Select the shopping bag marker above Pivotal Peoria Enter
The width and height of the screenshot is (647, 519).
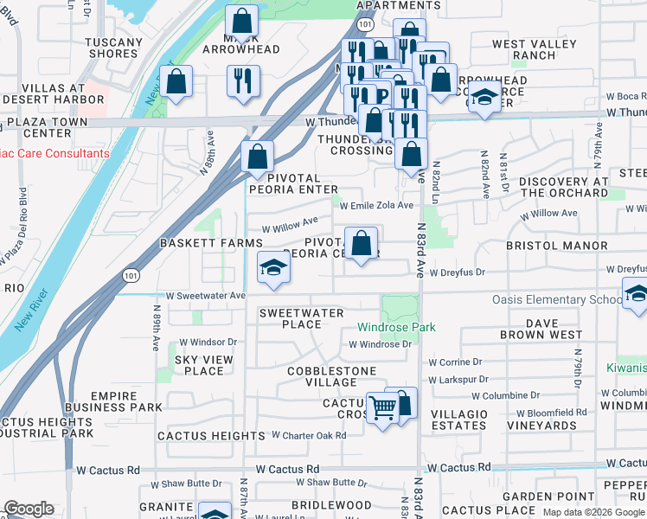[x=257, y=157]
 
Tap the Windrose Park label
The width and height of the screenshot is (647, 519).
[x=397, y=328]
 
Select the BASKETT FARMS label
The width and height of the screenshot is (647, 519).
[x=210, y=245]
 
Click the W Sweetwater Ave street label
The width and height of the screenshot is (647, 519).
[x=207, y=295]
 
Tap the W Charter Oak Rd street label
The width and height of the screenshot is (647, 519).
[x=309, y=435]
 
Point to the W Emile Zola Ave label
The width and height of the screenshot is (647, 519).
[x=376, y=206]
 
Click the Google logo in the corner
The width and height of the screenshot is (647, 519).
[x=29, y=509]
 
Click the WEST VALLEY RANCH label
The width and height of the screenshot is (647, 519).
[x=535, y=49]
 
